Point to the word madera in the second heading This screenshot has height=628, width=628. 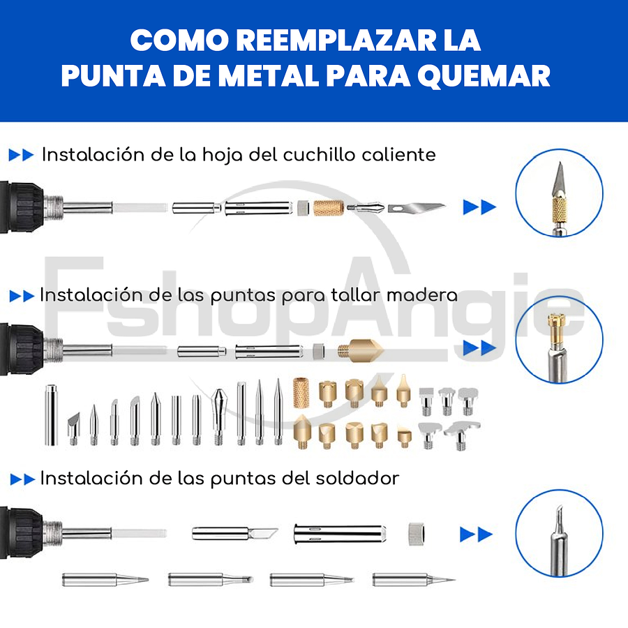[x=422, y=295]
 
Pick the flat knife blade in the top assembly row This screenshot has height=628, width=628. [x=417, y=207]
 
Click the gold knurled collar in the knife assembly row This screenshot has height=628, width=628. [x=328, y=207]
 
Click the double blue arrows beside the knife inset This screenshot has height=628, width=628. [x=479, y=207]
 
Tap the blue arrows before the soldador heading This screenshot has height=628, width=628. [x=23, y=479]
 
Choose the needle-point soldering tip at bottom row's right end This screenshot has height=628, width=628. [x=413, y=579]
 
